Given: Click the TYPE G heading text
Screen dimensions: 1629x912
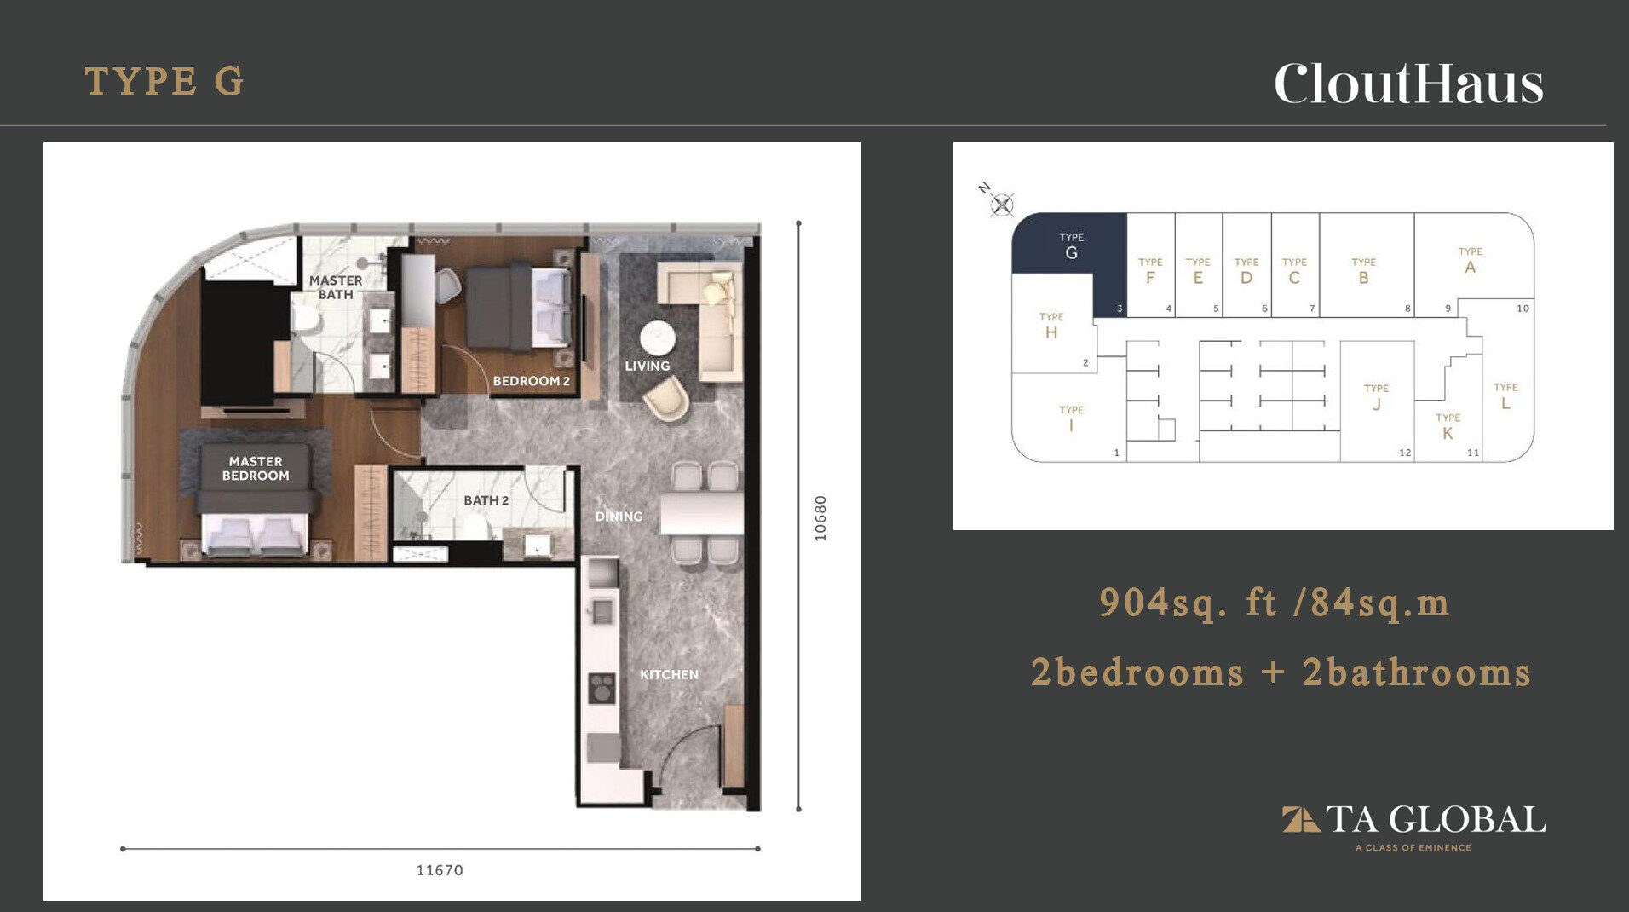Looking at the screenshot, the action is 164,82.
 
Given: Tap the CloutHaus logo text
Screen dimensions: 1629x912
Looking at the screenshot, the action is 1408,84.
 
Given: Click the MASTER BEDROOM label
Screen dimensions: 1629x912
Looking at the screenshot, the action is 256,469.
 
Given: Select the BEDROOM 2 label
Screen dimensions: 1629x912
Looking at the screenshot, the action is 532,381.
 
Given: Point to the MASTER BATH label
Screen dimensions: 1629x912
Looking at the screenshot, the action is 336,287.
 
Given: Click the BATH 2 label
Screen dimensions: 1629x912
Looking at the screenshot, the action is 486,500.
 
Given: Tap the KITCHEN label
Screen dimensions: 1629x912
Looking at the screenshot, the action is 669,674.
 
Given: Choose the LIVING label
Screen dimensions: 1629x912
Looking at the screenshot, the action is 648,366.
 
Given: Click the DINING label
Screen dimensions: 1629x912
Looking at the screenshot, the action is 619,516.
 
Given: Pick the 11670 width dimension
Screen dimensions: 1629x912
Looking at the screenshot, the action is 440,870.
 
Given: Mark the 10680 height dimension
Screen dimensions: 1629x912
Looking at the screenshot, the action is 820,518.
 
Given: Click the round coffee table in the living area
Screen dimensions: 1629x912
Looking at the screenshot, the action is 658,338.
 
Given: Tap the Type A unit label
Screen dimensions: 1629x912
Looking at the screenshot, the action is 1471,261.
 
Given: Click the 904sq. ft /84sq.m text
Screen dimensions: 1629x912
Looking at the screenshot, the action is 1274,602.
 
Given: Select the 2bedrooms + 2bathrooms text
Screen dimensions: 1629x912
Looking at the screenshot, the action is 1281,672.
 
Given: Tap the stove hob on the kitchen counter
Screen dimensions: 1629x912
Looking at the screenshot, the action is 602,688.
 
